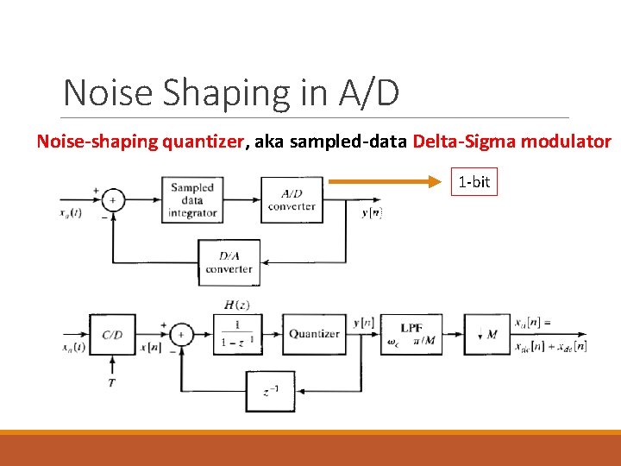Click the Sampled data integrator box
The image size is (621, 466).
(x=191, y=199)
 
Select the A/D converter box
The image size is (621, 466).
(x=292, y=199)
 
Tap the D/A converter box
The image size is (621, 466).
(x=229, y=262)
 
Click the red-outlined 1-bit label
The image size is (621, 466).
(x=474, y=182)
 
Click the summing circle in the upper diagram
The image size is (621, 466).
(x=112, y=200)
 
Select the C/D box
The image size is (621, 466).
(x=112, y=335)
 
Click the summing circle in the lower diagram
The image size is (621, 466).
(x=181, y=335)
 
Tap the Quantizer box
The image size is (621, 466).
(x=314, y=334)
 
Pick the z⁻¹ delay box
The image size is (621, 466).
(x=270, y=391)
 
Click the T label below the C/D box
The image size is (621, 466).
(x=112, y=381)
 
